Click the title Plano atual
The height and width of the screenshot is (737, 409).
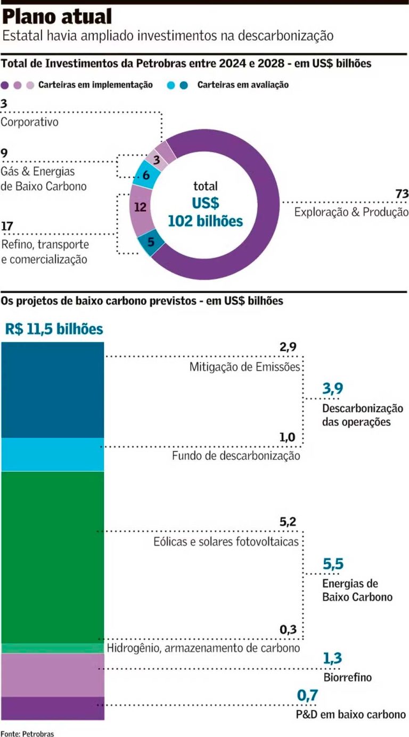pos(57,17)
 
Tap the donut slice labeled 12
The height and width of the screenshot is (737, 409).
pos(141,207)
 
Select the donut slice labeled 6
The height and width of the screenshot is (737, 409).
pos(145,175)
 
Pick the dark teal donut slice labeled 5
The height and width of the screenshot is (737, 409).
pos(151,242)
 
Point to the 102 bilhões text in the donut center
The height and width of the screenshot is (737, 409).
pos(205,220)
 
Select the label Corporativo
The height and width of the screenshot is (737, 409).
pos(29,122)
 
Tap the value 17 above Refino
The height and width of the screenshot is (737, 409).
pos(7,226)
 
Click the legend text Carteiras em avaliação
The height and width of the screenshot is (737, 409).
pos(243,84)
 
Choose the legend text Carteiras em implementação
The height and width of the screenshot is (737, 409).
pos(95,84)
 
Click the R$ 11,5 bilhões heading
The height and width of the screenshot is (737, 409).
pos(54,329)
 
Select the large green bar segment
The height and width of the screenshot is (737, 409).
pos(52,557)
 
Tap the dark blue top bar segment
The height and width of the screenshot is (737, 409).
pos(52,390)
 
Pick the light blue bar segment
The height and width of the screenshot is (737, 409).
pos(52,454)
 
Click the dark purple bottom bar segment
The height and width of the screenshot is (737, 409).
pos(52,708)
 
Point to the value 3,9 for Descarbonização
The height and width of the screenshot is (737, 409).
pos(332,389)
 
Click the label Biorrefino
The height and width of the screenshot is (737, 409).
pos(347,678)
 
